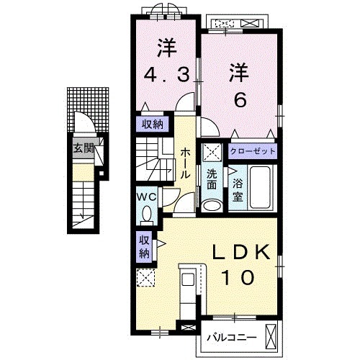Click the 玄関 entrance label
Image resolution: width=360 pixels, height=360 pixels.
point(83,149)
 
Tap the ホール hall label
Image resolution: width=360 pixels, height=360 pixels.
point(185,163)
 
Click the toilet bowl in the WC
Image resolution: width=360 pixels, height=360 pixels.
point(147,214)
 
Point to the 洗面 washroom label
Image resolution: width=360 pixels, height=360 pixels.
point(212,179)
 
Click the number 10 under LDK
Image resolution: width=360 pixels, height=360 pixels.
point(242,276)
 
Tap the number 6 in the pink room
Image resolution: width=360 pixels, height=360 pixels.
point(240,99)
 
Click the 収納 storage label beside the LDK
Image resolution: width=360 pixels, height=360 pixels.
point(143,246)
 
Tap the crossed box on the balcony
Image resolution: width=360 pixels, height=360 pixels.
point(271,336)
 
